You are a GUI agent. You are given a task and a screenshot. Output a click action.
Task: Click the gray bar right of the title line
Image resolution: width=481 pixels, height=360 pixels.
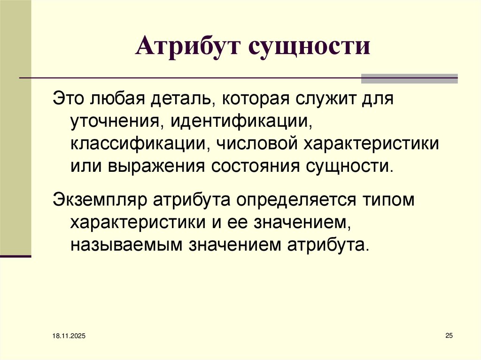pos(409,78)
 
